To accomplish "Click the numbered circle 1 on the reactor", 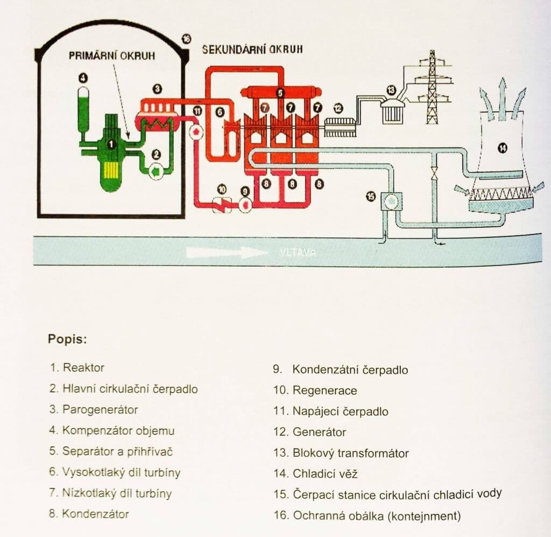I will point(111,144).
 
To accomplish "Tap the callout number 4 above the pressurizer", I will point(83,79).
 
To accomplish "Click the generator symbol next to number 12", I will point(338,127).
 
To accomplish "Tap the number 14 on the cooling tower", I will point(503,147).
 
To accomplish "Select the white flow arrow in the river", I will point(227,252).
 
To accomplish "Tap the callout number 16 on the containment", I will point(186,39).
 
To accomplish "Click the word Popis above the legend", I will point(67,340).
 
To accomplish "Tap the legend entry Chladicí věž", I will point(324,474).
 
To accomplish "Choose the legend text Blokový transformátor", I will point(350,453).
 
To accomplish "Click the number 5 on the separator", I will point(280,93).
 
